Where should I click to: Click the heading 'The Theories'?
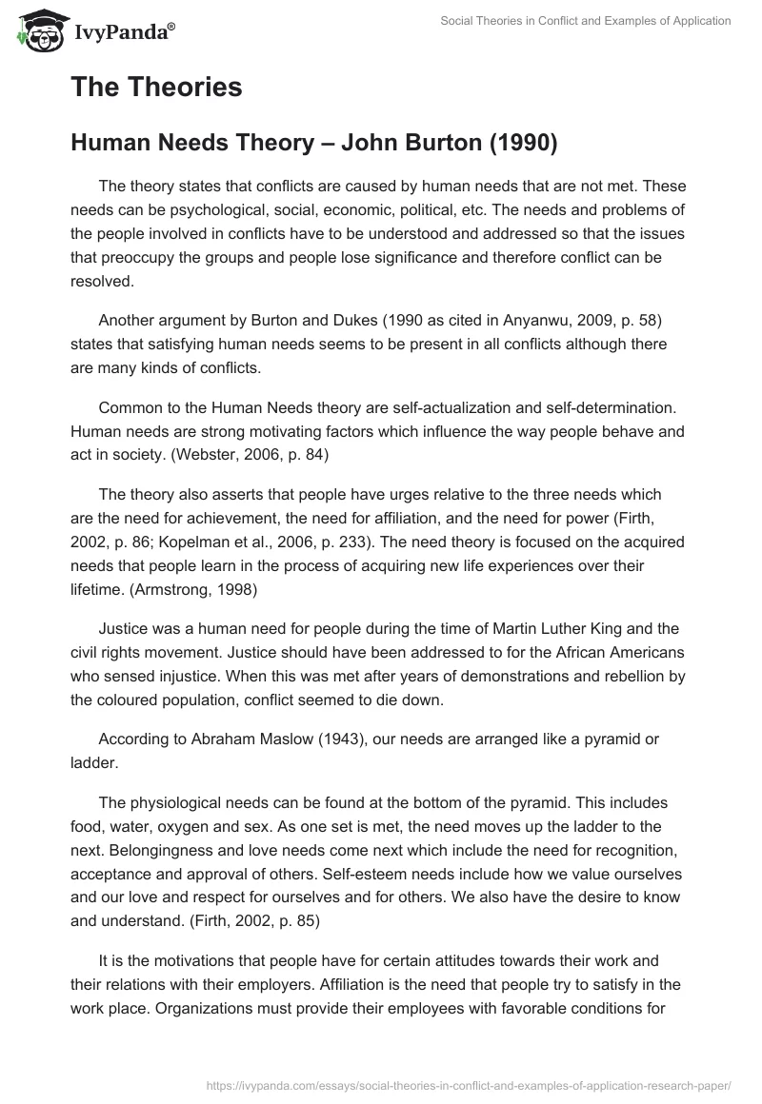(156, 88)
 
